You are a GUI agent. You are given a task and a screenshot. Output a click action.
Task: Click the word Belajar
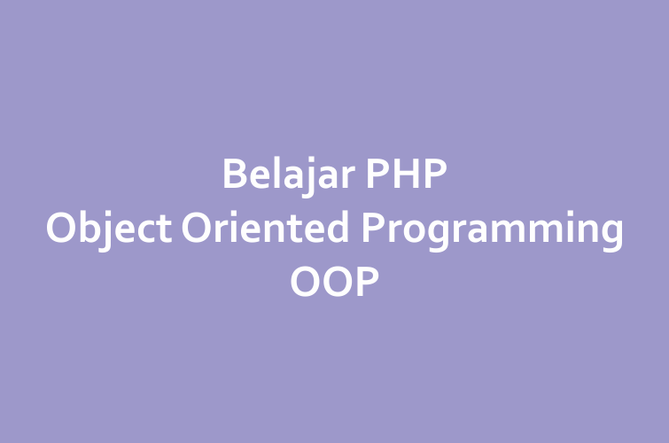289,175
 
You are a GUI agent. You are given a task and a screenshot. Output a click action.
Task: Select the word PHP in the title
407,174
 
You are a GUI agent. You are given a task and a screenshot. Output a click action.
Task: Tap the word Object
109,229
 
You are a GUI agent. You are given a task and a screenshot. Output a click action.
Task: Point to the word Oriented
265,227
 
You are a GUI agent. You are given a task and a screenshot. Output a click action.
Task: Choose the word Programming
493,230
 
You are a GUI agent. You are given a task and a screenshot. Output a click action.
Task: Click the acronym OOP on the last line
335,281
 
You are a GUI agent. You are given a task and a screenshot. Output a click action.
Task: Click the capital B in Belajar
235,174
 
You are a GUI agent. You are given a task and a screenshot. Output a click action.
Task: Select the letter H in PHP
406,174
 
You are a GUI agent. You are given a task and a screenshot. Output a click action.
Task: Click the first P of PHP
377,174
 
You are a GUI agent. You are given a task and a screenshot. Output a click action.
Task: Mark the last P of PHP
436,174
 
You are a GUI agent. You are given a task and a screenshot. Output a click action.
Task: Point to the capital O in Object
60,228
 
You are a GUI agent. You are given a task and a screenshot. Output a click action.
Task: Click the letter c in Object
148,232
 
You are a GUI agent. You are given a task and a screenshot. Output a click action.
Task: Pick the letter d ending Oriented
338,227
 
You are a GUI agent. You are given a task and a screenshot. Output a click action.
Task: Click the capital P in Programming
373,228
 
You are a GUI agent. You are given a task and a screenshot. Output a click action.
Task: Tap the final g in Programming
612,237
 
